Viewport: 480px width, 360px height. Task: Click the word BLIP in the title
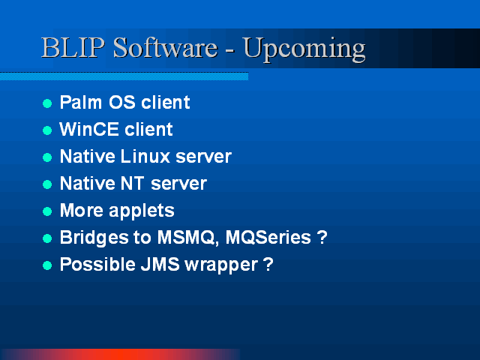(73, 47)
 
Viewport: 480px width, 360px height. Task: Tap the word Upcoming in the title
(304, 49)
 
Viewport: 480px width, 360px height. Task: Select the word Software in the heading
(165, 47)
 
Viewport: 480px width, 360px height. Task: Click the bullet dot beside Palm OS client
(47, 103)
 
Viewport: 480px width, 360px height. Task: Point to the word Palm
(81, 102)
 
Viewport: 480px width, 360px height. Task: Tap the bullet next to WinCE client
(47, 130)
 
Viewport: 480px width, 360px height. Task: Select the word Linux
(145, 156)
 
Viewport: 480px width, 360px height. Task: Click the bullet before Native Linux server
(47, 157)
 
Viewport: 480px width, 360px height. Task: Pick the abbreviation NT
(132, 183)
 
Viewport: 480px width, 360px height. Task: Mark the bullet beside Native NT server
(47, 184)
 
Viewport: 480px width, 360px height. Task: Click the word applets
(142, 211)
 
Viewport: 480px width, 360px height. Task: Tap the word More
(82, 210)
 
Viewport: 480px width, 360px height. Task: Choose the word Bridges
(94, 238)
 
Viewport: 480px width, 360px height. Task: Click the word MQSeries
(268, 237)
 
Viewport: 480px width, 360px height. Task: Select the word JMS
(160, 264)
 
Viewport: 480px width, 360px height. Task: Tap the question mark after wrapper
(268, 264)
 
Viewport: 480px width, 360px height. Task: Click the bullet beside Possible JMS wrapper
(47, 265)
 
